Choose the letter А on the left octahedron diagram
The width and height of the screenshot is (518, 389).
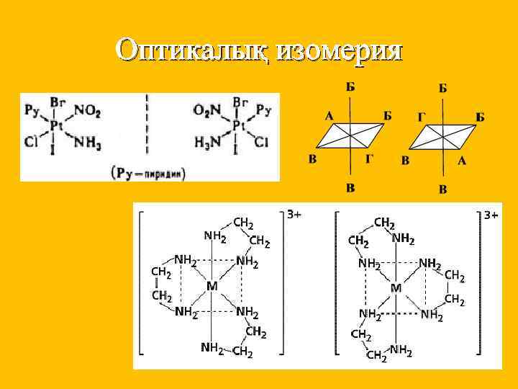pos(328,115)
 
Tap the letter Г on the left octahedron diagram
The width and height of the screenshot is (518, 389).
pos(368,158)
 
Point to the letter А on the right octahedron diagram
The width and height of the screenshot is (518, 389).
pos(461,161)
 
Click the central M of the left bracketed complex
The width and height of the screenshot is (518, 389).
pos(212,286)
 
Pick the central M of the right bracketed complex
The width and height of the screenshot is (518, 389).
pos(395,288)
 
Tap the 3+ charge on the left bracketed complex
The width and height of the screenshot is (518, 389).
pos(294,214)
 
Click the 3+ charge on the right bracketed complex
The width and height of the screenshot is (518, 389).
pos(491,215)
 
